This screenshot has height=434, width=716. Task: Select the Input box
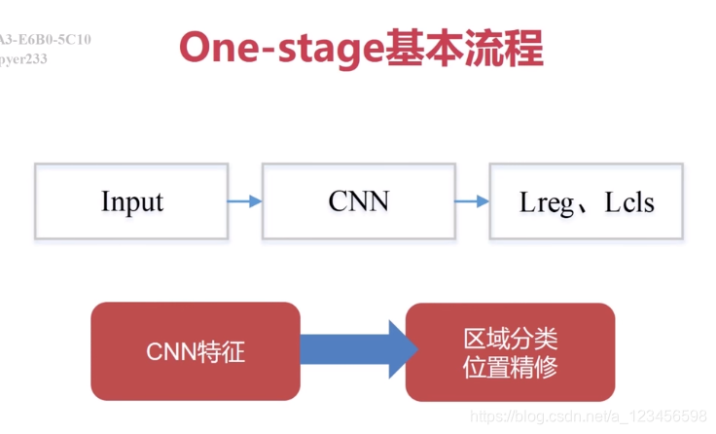pyautogui.click(x=131, y=201)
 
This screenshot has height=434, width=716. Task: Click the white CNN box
pyautogui.click(x=358, y=201)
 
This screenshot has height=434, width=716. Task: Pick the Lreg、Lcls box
pyautogui.click(x=587, y=201)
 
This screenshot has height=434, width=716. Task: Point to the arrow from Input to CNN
pyautogui.click(x=244, y=201)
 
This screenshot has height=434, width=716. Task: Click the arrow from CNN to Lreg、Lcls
pyautogui.click(x=472, y=201)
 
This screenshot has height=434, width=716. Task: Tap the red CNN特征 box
pyautogui.click(x=195, y=351)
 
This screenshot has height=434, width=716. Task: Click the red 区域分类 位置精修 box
pyautogui.click(x=510, y=351)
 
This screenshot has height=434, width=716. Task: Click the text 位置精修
pyautogui.click(x=510, y=367)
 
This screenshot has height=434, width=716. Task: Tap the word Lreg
pyautogui.click(x=550, y=202)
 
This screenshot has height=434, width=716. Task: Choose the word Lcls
pyautogui.click(x=627, y=202)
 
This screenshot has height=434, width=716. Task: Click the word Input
pyautogui.click(x=131, y=201)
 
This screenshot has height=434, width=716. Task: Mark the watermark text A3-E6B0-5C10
pyautogui.click(x=45, y=40)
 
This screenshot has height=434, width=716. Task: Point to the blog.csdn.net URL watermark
pyautogui.click(x=588, y=416)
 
